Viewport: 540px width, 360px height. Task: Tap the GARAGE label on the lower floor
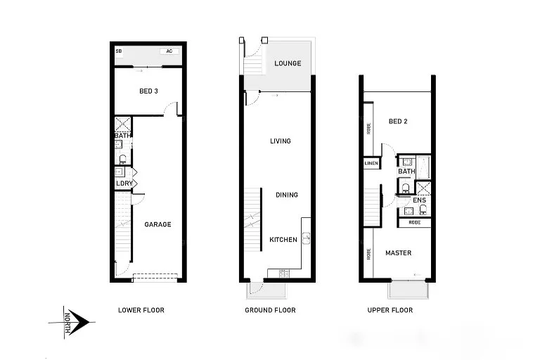(157, 225)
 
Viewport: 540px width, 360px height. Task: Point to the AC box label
(168, 51)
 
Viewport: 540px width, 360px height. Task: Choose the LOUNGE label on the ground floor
(288, 64)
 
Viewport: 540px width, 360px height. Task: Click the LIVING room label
(281, 141)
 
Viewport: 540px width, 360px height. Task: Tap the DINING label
(286, 195)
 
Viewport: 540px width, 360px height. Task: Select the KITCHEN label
(283, 240)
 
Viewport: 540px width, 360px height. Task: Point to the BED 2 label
(398, 122)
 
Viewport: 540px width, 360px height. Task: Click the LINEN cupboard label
(371, 164)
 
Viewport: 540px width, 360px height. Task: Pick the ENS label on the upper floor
(419, 200)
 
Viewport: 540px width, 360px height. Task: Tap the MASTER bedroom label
(398, 253)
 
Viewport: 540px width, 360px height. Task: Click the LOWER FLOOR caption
(141, 310)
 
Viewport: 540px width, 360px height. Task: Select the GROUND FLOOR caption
(270, 310)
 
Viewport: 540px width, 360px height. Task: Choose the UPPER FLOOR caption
(390, 310)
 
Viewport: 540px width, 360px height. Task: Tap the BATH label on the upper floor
(406, 172)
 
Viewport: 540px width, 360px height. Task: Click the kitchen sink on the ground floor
(306, 238)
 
